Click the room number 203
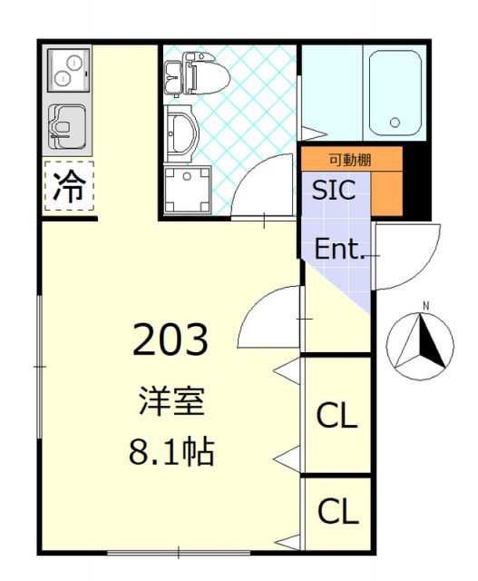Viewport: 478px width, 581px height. pyautogui.click(x=171, y=340)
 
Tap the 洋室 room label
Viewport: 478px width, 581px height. pyautogui.click(x=171, y=400)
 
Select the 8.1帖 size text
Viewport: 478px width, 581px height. pyautogui.click(x=171, y=450)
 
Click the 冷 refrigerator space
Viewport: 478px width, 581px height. pyautogui.click(x=69, y=187)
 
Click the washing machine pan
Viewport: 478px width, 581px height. pyautogui.click(x=187, y=189)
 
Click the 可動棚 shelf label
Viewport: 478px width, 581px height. pyautogui.click(x=350, y=160)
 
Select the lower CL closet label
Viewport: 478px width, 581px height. pyautogui.click(x=337, y=512)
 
